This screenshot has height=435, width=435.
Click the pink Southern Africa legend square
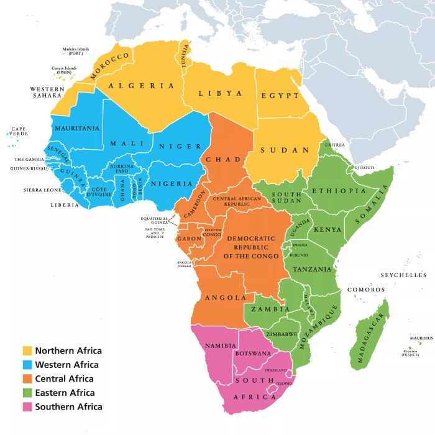27,407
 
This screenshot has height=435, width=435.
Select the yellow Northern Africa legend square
27,350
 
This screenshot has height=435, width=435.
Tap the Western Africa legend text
66,365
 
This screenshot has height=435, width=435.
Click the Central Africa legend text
64,378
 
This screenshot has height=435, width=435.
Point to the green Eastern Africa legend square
27,393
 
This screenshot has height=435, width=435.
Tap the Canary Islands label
64,70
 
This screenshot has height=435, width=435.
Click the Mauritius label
421,338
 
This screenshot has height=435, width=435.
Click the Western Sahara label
47,93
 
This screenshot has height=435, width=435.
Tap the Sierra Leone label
43,190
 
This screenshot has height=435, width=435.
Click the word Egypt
280,96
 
